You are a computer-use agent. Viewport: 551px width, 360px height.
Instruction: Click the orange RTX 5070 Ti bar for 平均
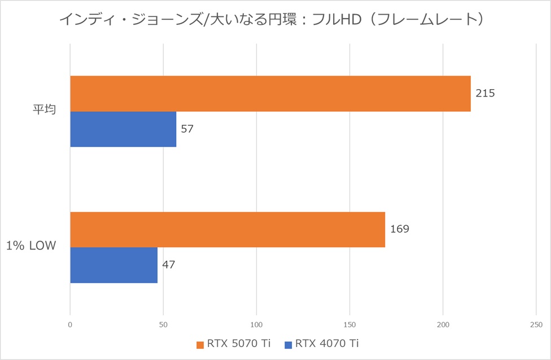click(270, 94)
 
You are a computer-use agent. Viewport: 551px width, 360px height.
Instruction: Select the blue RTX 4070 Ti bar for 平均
click(123, 129)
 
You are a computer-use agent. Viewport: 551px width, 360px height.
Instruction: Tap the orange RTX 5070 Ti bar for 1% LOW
click(228, 230)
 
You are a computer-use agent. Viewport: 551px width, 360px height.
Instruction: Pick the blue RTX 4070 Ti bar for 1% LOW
click(113, 265)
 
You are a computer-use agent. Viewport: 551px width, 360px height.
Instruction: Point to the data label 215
click(485, 93)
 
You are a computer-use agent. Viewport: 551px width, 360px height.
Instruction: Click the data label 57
click(187, 129)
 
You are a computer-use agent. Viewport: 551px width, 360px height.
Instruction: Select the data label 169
click(399, 229)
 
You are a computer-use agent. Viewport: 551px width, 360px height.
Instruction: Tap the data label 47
click(169, 264)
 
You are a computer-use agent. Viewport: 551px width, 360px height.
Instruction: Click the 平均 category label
click(44, 111)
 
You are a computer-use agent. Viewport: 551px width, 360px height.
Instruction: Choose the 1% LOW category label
click(31, 247)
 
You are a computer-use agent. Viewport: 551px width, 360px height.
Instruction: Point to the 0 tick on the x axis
click(70, 325)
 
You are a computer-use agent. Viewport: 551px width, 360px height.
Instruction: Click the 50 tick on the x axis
click(163, 325)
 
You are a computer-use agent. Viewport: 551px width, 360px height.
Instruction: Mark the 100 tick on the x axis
click(256, 325)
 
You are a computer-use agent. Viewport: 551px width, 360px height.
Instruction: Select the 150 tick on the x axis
click(349, 325)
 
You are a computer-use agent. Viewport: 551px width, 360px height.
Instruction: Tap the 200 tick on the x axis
click(443, 325)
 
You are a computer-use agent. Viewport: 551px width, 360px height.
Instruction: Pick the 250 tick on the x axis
click(536, 325)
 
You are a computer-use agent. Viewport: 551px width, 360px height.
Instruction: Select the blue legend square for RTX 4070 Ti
click(288, 344)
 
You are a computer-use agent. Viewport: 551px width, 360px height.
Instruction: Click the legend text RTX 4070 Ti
click(327, 344)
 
